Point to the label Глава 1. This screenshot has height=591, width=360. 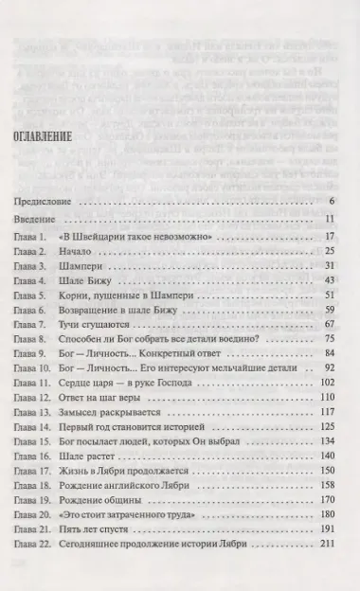tap(34, 236)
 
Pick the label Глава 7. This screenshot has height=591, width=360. tap(34, 323)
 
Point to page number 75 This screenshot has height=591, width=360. tap(330, 338)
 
